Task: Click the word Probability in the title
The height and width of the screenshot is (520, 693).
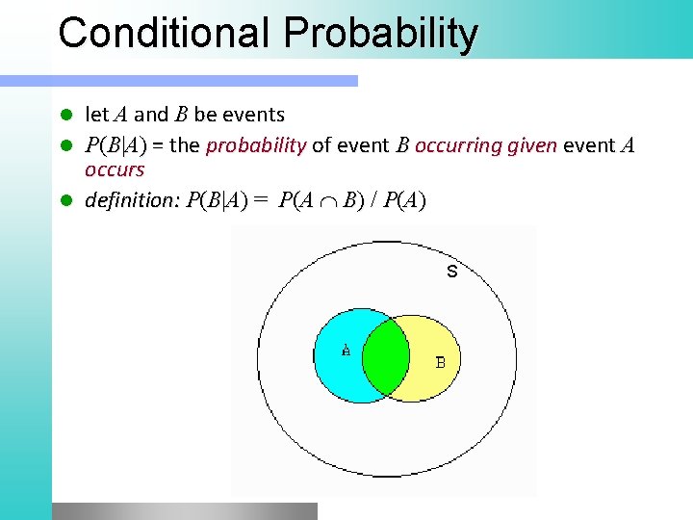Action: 380,35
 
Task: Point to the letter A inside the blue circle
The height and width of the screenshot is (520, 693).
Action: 346,351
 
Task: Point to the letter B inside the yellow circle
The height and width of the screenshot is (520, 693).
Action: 440,362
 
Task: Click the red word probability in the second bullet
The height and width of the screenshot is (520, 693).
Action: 256,146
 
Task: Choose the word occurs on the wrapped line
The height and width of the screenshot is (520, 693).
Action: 115,169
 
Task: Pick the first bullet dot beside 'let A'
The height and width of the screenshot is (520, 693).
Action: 67,115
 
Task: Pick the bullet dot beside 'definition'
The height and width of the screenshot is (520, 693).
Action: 67,201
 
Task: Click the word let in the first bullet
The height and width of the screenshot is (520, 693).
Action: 96,115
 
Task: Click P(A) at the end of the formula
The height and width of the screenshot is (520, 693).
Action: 404,201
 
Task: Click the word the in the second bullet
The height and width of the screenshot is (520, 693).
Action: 185,146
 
